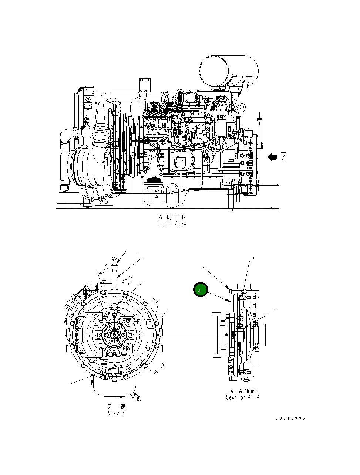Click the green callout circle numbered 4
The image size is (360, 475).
click(201, 291)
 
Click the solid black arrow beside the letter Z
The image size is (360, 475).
click(272, 157)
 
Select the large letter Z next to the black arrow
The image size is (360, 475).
click(283, 157)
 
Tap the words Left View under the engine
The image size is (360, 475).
click(172, 223)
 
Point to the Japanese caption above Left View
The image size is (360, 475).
click(172, 217)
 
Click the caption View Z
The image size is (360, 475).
click(116, 413)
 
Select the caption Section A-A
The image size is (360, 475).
click(243, 397)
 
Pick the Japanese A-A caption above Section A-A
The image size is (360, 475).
click(243, 391)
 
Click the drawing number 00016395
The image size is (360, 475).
click(290, 418)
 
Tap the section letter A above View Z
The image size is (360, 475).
click(106, 267)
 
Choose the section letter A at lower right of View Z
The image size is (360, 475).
click(162, 366)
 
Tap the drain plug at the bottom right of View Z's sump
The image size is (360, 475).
click(138, 398)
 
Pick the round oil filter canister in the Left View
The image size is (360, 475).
click(181, 162)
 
